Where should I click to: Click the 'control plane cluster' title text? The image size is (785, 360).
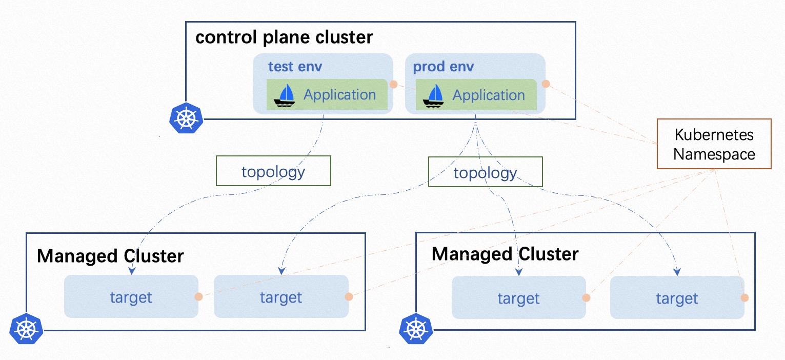(284, 37)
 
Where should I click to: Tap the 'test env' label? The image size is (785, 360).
(295, 67)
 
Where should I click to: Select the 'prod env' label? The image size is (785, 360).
(444, 67)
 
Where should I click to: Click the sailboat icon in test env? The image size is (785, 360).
(284, 95)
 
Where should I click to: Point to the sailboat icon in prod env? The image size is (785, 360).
(433, 95)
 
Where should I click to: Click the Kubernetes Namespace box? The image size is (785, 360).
(714, 144)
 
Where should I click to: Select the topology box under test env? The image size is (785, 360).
(273, 171)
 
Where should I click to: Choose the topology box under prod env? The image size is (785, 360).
(485, 172)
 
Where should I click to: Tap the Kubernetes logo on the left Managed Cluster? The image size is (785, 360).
(26, 329)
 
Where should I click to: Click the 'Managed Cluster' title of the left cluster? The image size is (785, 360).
(110, 255)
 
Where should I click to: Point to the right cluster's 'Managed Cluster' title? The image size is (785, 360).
(505, 253)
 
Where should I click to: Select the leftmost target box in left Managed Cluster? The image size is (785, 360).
(131, 297)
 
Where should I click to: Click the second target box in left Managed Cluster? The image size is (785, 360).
(280, 297)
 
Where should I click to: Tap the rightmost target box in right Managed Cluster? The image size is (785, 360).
(677, 298)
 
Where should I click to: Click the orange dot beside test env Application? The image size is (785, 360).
(393, 84)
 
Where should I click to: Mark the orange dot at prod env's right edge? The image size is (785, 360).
(546, 83)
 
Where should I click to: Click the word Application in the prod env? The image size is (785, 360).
(489, 95)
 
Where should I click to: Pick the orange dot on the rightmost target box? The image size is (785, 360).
(744, 297)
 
